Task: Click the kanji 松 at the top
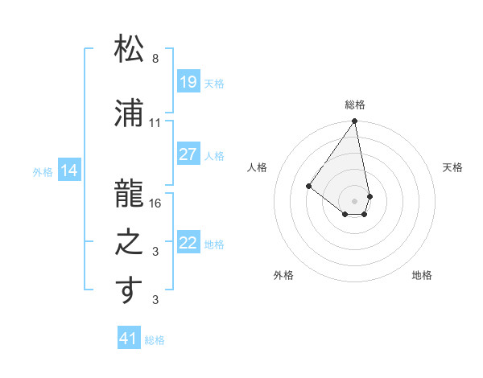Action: pos(129,50)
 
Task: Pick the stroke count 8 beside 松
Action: pos(155,59)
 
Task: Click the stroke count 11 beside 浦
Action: pos(155,123)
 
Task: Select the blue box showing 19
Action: pos(188,82)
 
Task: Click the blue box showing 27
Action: pos(188,154)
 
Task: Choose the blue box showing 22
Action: pos(188,243)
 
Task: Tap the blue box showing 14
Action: pos(69,171)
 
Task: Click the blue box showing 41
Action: pos(129,339)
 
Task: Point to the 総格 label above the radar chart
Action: pos(354,105)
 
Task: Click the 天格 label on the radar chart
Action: pos(452,167)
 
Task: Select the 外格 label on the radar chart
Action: pos(283,275)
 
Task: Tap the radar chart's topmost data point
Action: pos(354,121)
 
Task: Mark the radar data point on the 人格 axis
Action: pos(308,186)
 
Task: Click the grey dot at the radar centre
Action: pos(354,200)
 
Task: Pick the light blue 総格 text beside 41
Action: pos(155,340)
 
